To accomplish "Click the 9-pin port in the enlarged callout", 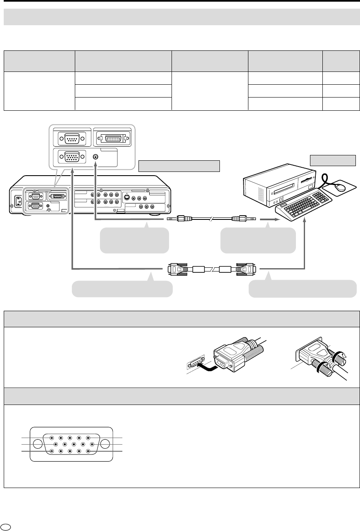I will (72, 138).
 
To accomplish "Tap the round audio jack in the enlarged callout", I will (96, 157).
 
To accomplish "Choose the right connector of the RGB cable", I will (246, 269).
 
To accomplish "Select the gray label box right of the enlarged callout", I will (178, 166).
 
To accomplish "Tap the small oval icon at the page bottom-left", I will (5, 526).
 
